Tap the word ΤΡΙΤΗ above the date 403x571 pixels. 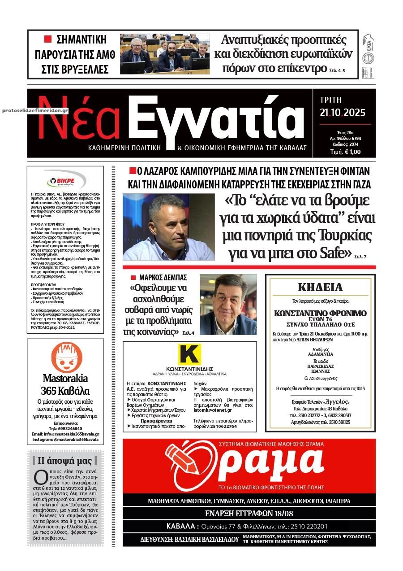[x=331, y=100]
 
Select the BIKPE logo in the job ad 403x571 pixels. [x=65, y=181]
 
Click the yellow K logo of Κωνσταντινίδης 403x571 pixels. [x=189, y=355]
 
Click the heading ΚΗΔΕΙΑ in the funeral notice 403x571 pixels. [x=320, y=287]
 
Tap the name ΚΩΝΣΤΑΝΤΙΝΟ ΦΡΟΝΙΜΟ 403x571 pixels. [x=320, y=313]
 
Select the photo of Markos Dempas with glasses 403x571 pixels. [x=228, y=305]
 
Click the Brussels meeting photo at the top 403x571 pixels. [x=165, y=54]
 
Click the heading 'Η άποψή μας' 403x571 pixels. [x=65, y=461]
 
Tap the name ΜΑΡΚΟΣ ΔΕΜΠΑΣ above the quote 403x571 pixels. [x=163, y=278]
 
